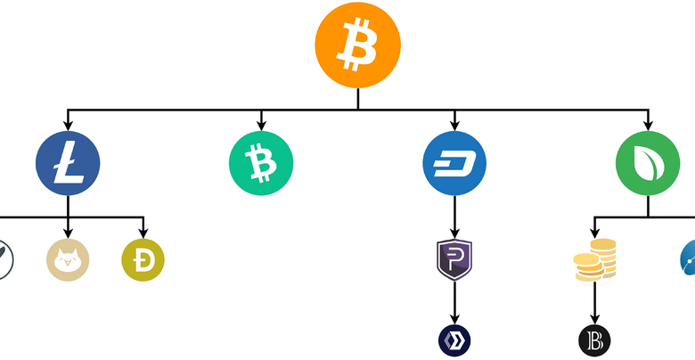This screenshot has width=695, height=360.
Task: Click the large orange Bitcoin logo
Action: [358, 45]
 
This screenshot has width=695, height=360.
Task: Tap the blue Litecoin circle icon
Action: [68, 164]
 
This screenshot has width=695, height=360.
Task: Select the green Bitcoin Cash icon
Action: [261, 164]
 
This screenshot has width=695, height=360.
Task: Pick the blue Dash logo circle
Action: [454, 164]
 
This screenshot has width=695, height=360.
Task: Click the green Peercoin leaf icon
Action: [648, 164]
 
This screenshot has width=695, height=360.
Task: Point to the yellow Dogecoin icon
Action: [143, 259]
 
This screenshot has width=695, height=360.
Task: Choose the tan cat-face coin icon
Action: [68, 259]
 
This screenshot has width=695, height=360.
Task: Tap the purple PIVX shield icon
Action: [454, 259]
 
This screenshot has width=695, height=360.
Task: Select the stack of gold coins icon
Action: [595, 260]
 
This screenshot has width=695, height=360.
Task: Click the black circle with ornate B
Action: [595, 340]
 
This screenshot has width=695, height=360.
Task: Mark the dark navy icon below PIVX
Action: [454, 340]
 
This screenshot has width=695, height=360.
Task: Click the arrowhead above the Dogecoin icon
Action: [143, 232]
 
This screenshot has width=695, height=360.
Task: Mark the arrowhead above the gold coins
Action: [595, 232]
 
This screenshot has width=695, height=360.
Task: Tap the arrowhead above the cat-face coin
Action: [68, 232]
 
